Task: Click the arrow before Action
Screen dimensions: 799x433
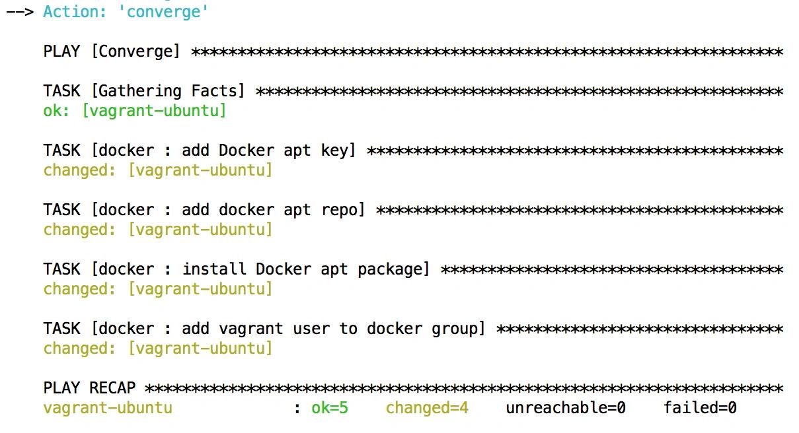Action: (x=20, y=12)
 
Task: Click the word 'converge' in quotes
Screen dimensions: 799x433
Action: (x=163, y=12)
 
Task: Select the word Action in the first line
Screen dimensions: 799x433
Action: (x=75, y=11)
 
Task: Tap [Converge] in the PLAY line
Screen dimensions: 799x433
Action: (x=135, y=51)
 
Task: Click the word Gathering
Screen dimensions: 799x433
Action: (x=139, y=91)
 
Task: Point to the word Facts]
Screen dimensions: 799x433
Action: (x=218, y=91)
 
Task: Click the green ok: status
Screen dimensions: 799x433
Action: (x=56, y=110)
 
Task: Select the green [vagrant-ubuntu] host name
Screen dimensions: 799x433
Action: (x=154, y=110)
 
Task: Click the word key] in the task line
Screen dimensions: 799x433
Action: (x=338, y=150)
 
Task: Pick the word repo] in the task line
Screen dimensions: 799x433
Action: (x=343, y=210)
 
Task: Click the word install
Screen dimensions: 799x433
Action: (x=214, y=269)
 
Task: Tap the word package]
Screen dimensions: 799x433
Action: (x=394, y=269)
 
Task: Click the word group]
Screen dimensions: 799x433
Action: (x=459, y=329)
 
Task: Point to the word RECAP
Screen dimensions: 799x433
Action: (x=112, y=387)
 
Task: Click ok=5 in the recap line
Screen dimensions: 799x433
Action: (x=330, y=408)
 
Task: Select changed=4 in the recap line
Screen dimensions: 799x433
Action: (x=427, y=408)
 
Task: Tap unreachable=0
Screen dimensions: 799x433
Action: (x=566, y=408)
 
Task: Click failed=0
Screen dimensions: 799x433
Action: (x=700, y=408)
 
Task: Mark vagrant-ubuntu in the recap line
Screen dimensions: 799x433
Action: (x=108, y=408)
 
